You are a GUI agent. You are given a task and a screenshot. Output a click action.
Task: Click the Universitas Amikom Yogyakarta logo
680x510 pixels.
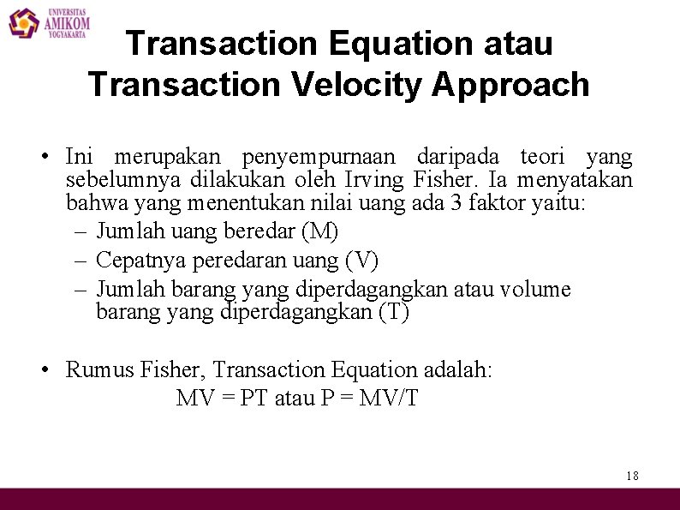click(49, 22)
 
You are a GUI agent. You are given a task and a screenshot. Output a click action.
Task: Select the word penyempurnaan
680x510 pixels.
click(319, 158)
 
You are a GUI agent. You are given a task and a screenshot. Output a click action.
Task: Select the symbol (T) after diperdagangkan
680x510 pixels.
click(393, 313)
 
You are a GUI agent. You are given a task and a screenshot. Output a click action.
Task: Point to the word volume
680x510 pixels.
click(534, 290)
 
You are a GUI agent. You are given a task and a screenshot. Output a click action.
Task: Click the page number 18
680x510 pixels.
click(632, 476)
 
